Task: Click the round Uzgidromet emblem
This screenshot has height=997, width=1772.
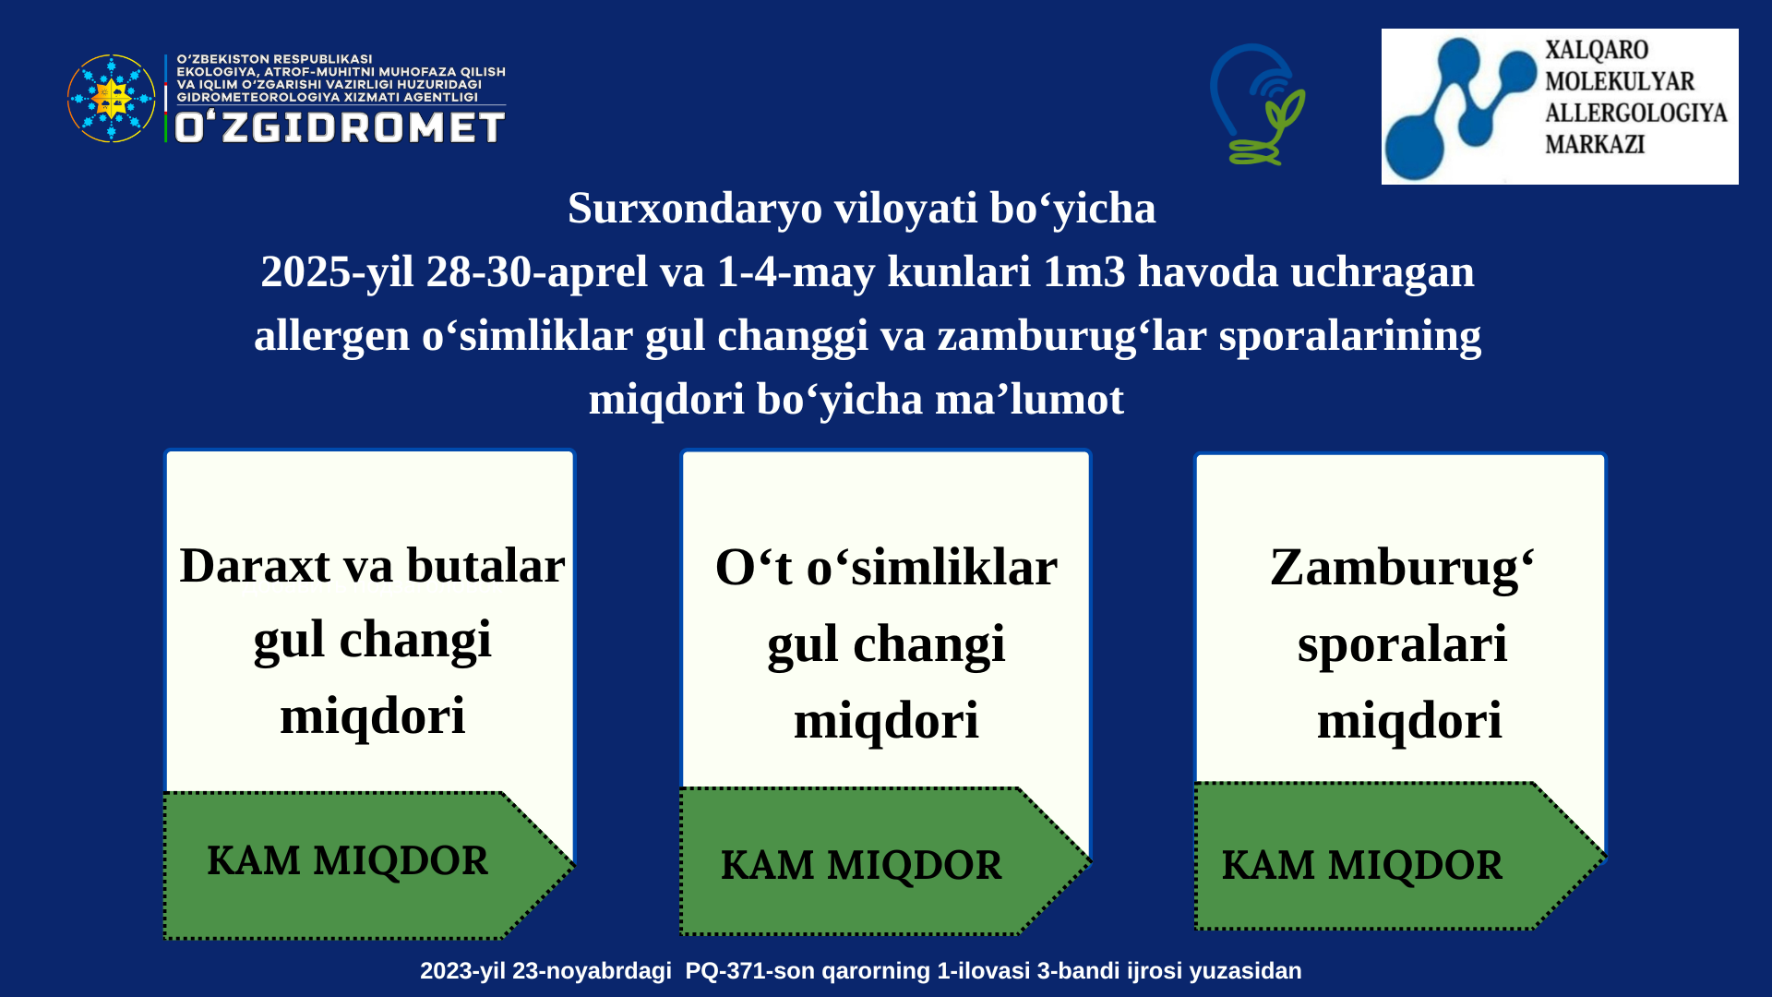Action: (112, 98)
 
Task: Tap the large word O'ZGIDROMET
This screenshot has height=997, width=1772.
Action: (340, 127)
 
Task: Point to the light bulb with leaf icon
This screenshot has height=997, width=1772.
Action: (1257, 104)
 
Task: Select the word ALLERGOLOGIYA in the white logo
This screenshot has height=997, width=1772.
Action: (1635, 113)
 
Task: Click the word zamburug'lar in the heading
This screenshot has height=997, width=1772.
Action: (1072, 336)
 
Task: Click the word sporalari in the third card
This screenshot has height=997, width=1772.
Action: (1402, 644)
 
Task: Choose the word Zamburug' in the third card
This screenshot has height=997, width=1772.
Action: (1402, 569)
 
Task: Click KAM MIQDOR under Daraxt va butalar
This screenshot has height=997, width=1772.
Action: (347, 861)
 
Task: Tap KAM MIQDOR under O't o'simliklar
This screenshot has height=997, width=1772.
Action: (861, 866)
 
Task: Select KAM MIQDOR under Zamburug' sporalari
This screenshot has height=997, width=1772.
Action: (1362, 866)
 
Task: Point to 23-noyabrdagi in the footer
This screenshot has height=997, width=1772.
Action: (599, 971)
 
